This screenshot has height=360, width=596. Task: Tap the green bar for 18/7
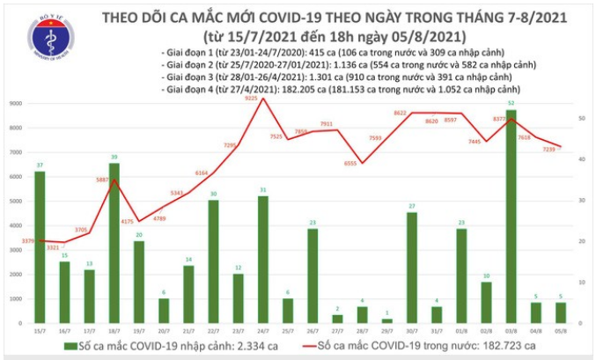tap(114, 243)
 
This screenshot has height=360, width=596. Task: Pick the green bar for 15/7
tap(40, 247)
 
